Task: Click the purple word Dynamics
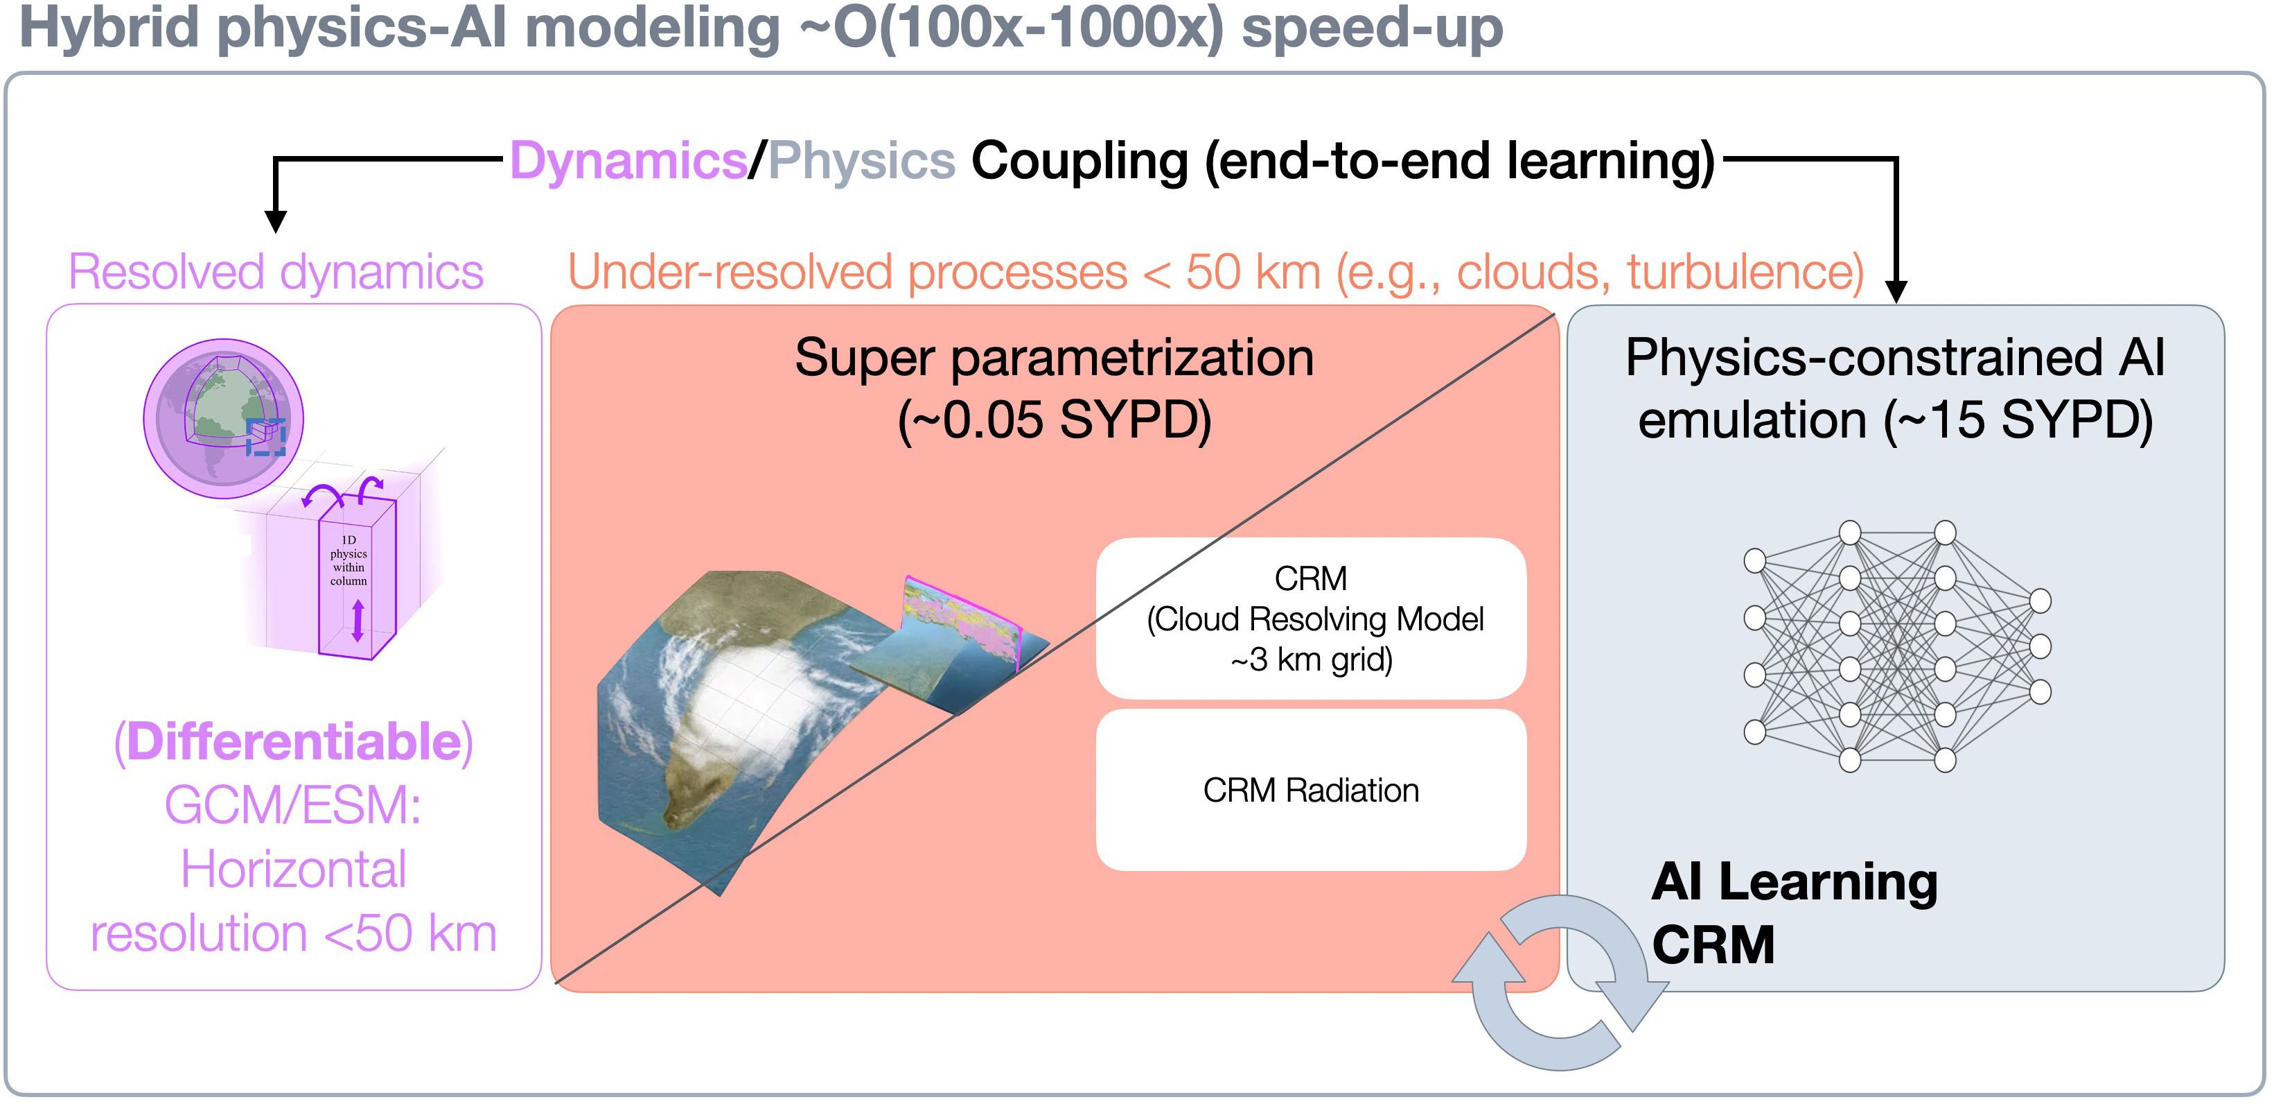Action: pos(628,162)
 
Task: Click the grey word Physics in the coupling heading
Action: pos(861,162)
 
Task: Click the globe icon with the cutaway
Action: pos(223,419)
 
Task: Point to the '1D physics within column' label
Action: pos(349,560)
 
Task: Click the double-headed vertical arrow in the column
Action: pos(358,620)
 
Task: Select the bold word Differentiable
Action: pos(294,741)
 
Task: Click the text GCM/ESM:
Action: pos(293,806)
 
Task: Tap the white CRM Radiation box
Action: pos(1311,791)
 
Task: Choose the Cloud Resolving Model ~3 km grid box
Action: pos(1311,619)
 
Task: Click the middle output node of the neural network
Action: pos(2040,646)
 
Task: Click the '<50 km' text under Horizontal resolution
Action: pos(410,933)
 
